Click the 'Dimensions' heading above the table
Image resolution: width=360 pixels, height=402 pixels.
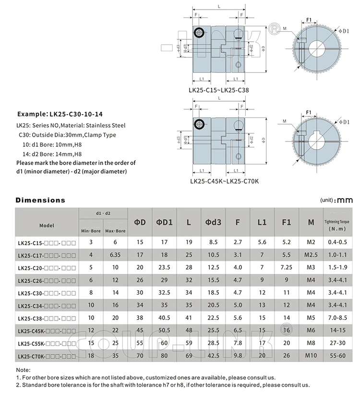(40, 200)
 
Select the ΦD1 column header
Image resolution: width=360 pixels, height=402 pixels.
(164, 222)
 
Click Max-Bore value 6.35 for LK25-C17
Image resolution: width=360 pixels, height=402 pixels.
(115, 256)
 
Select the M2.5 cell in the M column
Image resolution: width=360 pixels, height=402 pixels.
(311, 256)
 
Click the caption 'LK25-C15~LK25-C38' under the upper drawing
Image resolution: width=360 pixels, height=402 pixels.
(218, 90)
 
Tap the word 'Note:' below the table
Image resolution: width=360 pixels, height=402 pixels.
(23, 370)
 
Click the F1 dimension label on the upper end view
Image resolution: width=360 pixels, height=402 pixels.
(309, 20)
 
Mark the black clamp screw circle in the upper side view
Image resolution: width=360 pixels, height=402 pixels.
(199, 33)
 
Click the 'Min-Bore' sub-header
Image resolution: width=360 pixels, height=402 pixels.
(91, 231)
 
